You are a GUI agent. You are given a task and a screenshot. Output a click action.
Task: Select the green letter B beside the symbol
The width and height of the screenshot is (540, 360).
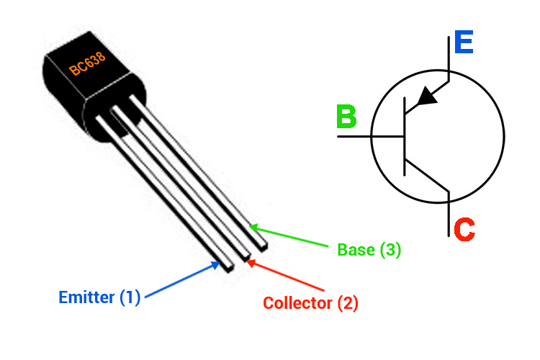pos(346,117)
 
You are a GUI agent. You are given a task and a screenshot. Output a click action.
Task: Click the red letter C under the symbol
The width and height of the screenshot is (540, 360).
pos(464,230)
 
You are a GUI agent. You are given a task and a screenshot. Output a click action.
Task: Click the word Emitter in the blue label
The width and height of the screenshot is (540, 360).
pos(86,297)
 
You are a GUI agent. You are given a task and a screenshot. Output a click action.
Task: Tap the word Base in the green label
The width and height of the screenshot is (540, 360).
pos(356,250)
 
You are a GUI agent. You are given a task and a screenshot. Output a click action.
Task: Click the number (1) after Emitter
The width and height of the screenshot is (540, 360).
pos(130,297)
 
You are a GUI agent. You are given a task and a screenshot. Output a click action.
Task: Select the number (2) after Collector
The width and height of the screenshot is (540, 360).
pos(347,303)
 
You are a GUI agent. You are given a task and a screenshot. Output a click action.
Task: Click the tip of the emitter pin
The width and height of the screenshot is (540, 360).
pos(227,267)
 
